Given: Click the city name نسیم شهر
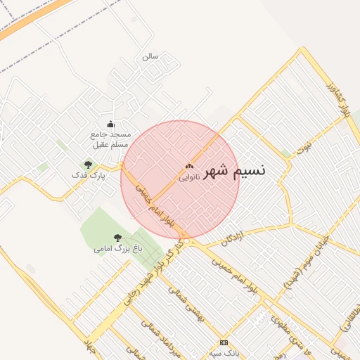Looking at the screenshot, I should (235, 171).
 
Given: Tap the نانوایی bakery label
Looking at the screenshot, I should (189, 177).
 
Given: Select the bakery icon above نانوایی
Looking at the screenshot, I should (188, 167).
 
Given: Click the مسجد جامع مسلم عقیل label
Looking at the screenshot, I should (110, 139).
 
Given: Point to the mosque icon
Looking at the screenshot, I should (110, 124).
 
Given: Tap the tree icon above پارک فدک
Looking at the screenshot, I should (88, 165).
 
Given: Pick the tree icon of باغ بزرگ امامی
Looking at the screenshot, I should (117, 238).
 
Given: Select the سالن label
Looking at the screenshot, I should (150, 56).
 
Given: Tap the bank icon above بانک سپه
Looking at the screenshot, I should (224, 342).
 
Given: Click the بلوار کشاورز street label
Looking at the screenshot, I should (337, 99).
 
